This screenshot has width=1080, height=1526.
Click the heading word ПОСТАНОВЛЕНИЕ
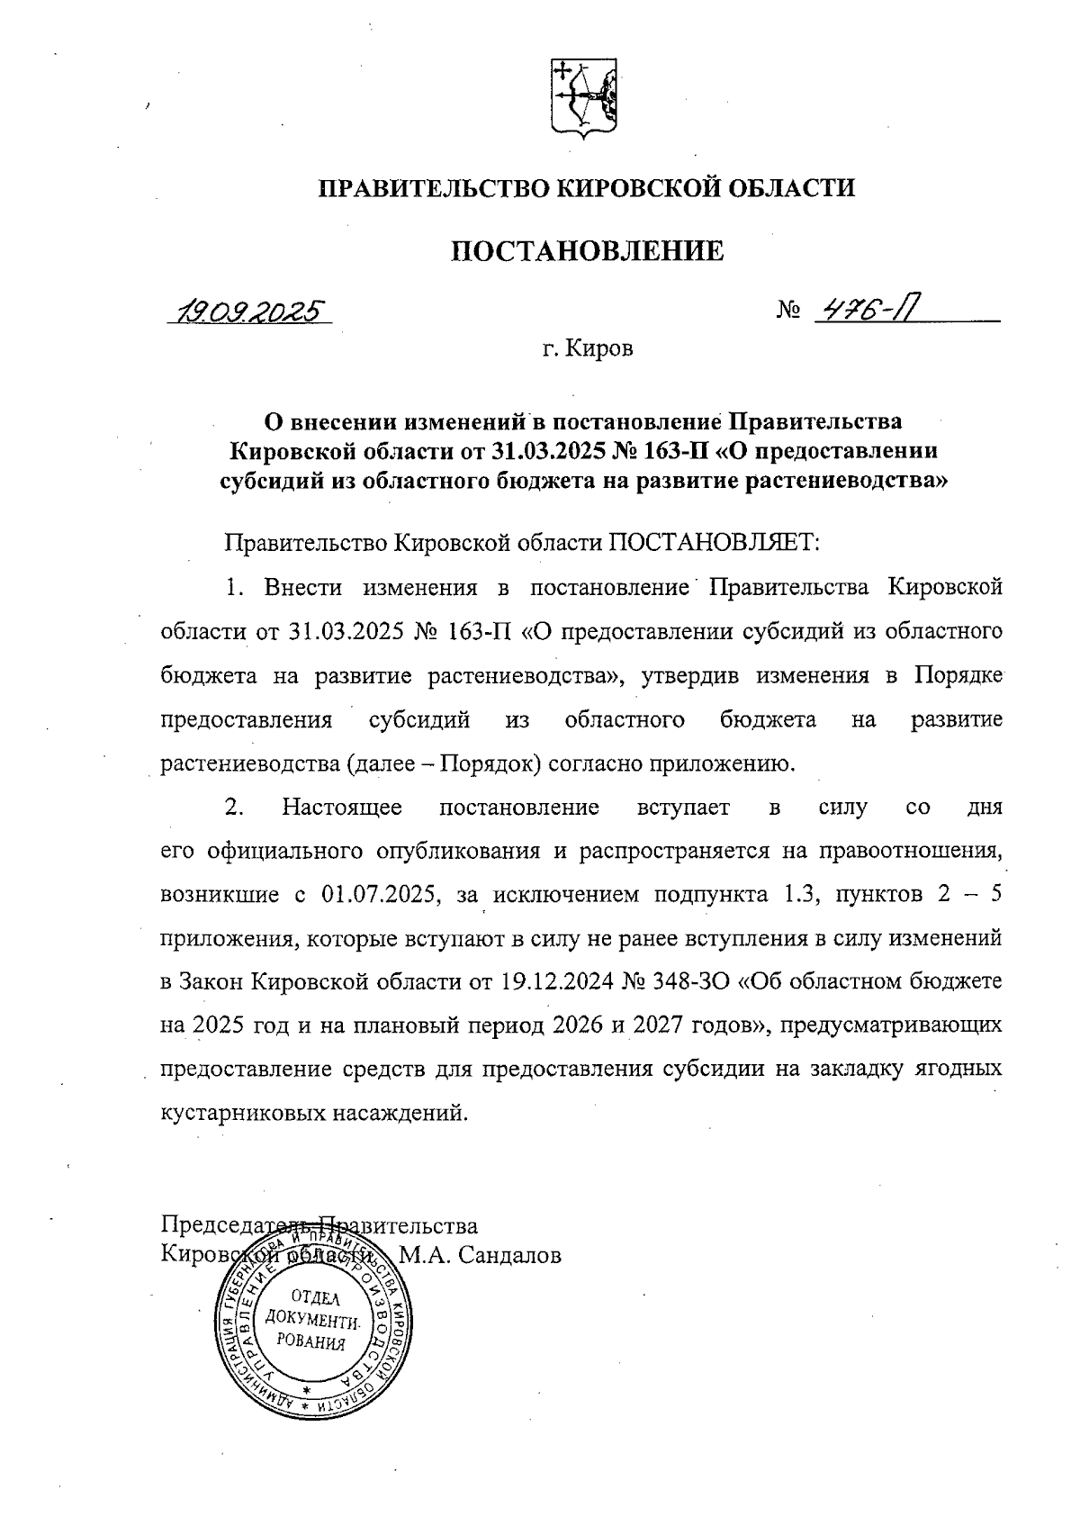(x=587, y=251)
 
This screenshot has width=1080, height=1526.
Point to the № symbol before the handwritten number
(x=788, y=312)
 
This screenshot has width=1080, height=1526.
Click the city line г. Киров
(x=588, y=348)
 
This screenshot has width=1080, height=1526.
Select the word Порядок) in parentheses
(x=490, y=764)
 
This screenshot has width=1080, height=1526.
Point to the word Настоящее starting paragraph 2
(x=341, y=807)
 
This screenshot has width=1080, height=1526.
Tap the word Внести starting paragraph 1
(x=302, y=588)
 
